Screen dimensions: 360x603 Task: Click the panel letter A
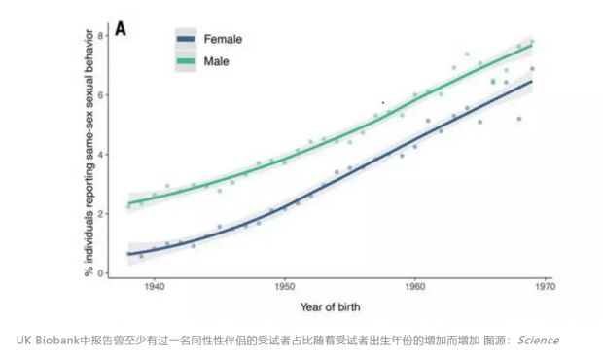tap(123, 29)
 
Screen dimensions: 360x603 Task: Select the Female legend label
tap(222, 40)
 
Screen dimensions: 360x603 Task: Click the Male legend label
tap(216, 62)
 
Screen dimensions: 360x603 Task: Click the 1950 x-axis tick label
tap(284, 288)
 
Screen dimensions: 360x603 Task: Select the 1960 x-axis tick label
tap(414, 288)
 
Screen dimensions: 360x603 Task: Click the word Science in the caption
tap(538, 340)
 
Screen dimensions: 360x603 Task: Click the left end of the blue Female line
tap(129, 254)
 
